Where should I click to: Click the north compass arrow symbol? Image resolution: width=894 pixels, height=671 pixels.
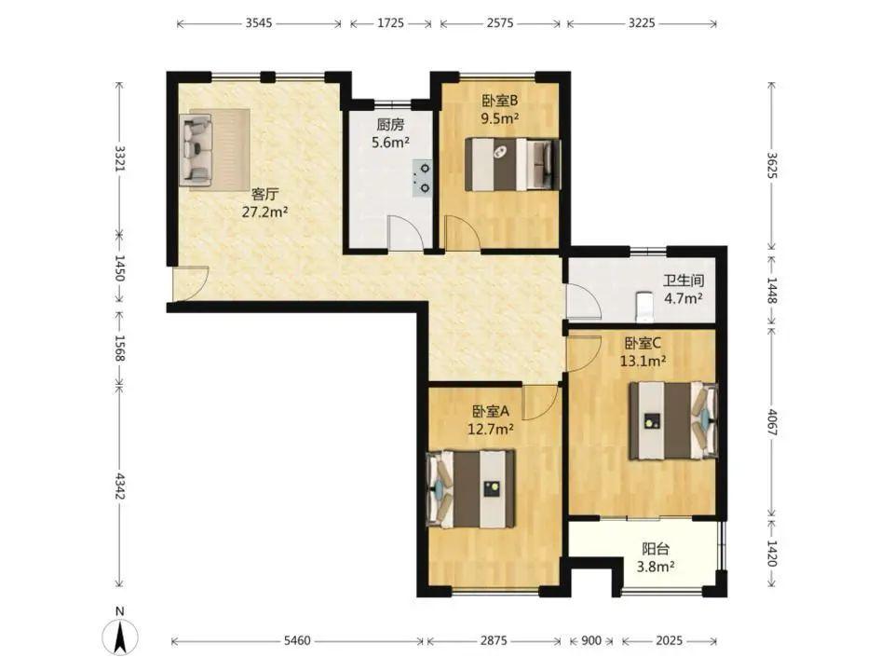pos(120,637)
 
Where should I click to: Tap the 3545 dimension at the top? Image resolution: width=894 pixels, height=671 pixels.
pos(259,23)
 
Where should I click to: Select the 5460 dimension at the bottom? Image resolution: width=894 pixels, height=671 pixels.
pos(297,641)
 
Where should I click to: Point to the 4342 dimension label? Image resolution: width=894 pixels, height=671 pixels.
pos(120,485)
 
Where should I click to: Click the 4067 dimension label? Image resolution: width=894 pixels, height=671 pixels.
pos(772,423)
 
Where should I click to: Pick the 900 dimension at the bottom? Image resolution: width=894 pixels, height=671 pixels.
pos(591,641)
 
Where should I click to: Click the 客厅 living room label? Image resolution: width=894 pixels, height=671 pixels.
pos(264,194)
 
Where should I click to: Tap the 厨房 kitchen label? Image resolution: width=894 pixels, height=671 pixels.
pos(390,124)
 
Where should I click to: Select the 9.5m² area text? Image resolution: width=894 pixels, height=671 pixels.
pos(499,118)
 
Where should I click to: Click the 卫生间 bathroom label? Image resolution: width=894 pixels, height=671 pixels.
pos(683,281)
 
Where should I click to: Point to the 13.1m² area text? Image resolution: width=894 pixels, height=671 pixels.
pos(643,361)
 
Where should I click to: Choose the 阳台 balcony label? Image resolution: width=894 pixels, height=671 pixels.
pos(656,549)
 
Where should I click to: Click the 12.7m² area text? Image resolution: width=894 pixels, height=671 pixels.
pos(491,429)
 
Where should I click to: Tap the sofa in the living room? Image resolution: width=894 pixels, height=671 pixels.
pos(196,149)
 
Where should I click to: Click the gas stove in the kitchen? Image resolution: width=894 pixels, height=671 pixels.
pos(423,177)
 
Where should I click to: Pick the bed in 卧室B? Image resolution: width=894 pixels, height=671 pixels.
pos(512,164)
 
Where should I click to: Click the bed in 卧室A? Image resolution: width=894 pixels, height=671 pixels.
pos(471,489)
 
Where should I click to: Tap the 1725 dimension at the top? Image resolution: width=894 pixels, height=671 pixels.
pos(390,23)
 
